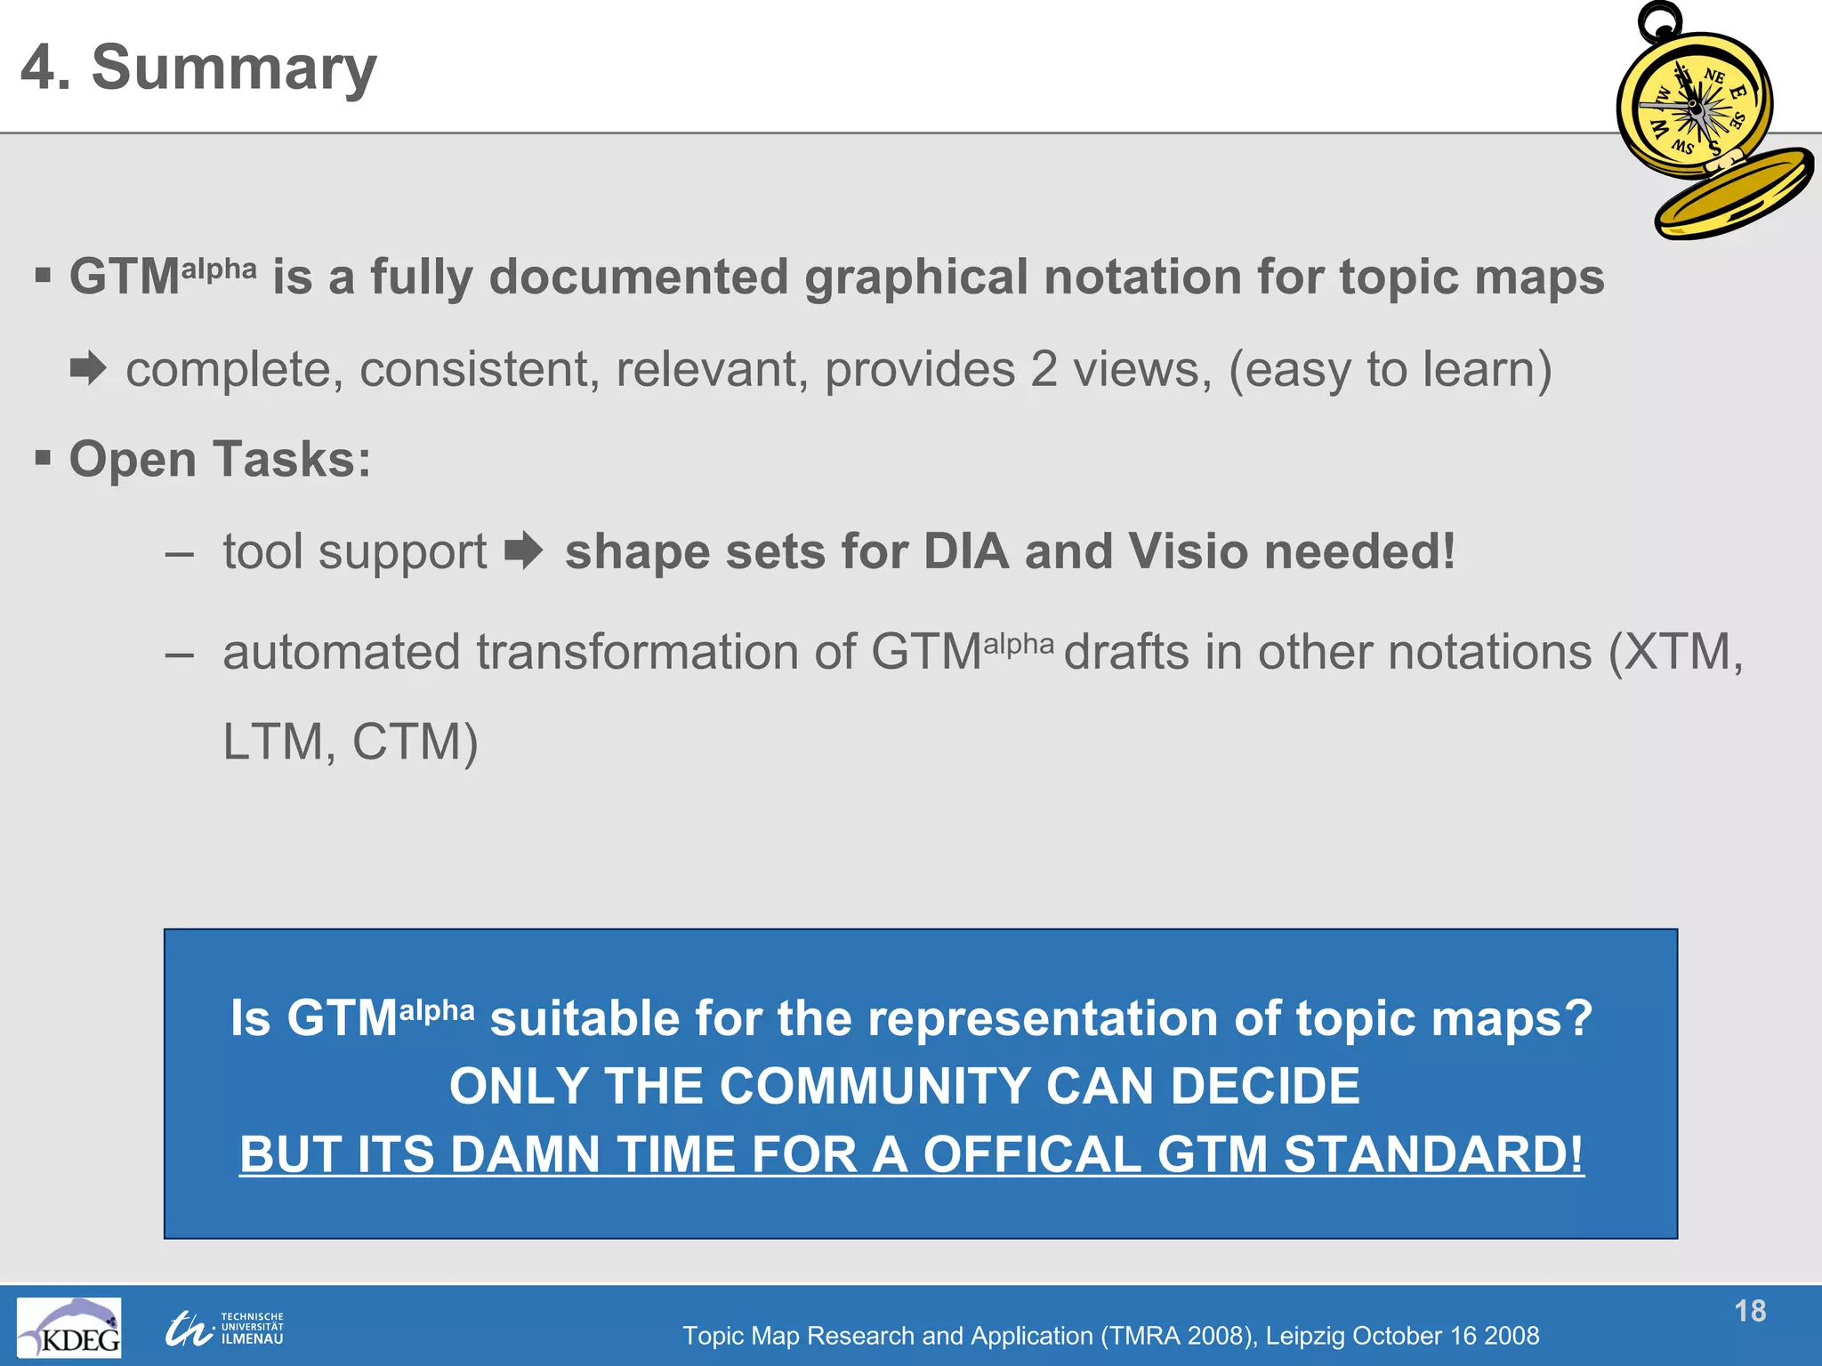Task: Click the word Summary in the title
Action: (x=234, y=68)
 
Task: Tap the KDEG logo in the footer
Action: (x=69, y=1326)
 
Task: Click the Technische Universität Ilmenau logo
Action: (x=224, y=1328)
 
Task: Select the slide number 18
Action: (x=1749, y=1311)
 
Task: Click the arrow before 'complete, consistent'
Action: (x=88, y=368)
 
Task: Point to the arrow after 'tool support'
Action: (x=523, y=550)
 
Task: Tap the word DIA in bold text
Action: (x=966, y=551)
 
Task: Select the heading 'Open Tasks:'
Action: (x=220, y=460)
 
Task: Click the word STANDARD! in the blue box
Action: (x=1433, y=1154)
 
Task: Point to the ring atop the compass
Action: (x=1660, y=20)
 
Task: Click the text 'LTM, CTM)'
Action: (x=350, y=742)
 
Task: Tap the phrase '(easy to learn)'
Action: (x=1390, y=369)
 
